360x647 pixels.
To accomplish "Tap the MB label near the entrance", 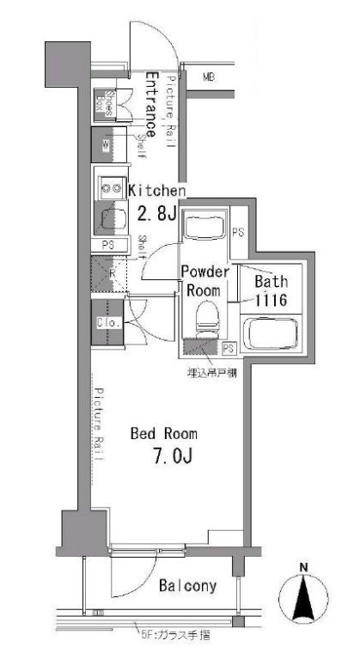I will tap(208, 77).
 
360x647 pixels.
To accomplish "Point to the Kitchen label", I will tap(157, 190).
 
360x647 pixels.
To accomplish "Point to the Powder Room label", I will tap(204, 281).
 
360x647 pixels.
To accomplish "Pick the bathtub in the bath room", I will tap(271, 333).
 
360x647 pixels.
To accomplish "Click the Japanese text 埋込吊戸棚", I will tap(212, 372).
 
